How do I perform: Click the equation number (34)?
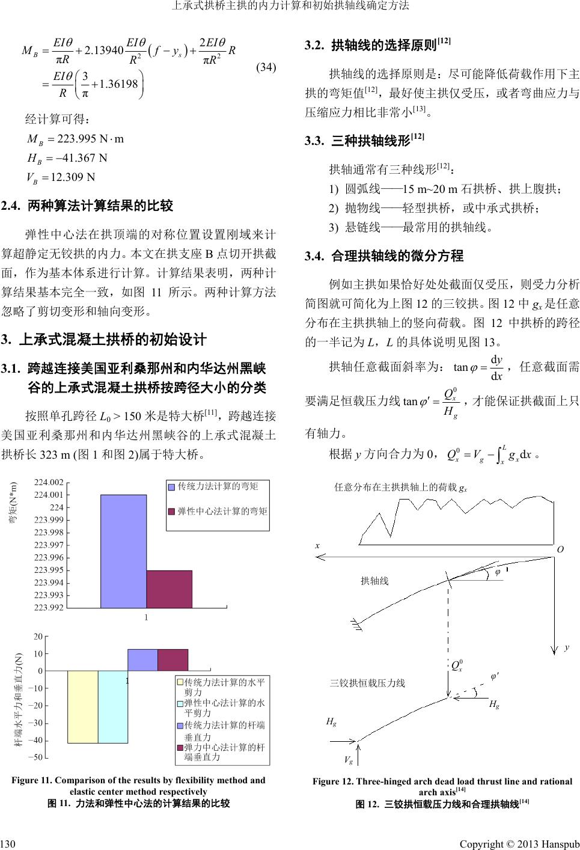266,67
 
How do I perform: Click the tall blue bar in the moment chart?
123,551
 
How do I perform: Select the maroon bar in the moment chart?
169,589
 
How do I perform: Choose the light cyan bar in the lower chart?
112,707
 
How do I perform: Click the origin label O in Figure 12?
560,549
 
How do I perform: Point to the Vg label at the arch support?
348,759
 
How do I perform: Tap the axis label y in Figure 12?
565,648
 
